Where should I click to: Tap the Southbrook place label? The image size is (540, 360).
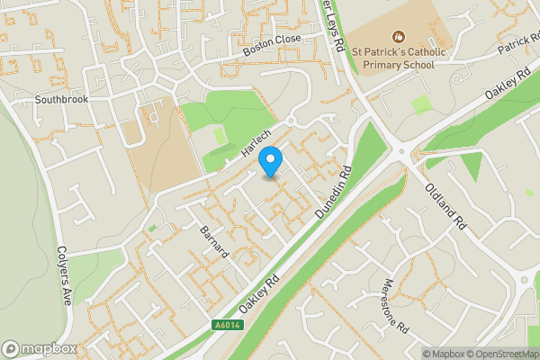62,99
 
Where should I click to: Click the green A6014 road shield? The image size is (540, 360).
229,325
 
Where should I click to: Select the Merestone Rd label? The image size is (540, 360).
394,301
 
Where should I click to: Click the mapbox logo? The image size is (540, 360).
38,348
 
